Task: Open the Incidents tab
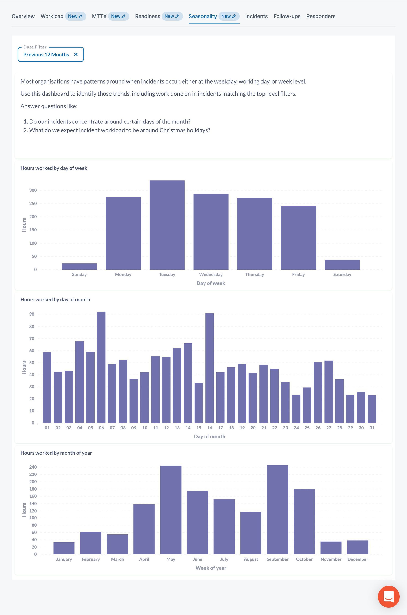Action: (x=256, y=16)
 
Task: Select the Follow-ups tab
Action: (x=287, y=16)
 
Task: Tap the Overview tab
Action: (x=23, y=16)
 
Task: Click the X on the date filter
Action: (x=76, y=55)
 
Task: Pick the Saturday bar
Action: (x=342, y=264)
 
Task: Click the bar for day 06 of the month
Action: (x=101, y=367)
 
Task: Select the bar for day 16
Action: (x=209, y=368)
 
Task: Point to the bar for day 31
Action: (x=372, y=409)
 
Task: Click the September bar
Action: (x=278, y=510)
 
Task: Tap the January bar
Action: (x=64, y=548)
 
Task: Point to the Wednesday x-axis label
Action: (x=211, y=274)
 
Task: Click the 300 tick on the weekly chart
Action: (x=33, y=190)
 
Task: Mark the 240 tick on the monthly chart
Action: (x=33, y=467)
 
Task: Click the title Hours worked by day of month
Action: (x=55, y=300)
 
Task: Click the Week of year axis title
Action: (x=211, y=568)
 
